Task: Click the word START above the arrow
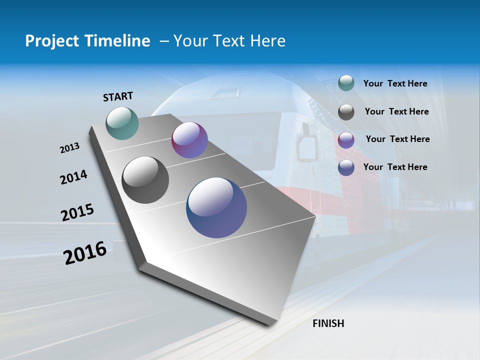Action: pos(118,96)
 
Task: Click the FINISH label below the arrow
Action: pos(328,323)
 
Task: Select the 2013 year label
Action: pos(70,148)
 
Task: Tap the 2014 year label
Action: pos(73,177)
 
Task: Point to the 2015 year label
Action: pos(77,212)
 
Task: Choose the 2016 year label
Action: pos(85,253)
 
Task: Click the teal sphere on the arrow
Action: pos(122,123)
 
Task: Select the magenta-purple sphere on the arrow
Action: pos(189,140)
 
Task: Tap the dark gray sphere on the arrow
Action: pos(145,180)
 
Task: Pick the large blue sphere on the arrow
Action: pos(216,207)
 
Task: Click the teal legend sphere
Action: pos(346,83)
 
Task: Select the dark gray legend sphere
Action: pos(346,112)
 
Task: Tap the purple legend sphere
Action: pos(346,140)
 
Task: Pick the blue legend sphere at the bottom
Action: pos(346,167)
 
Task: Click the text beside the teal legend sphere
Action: pos(395,84)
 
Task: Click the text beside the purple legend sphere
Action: pos(397,139)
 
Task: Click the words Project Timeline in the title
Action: pos(87,41)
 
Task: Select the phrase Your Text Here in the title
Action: pos(229,41)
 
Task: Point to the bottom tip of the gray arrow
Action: pos(270,324)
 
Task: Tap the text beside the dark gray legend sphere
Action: pos(396,111)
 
